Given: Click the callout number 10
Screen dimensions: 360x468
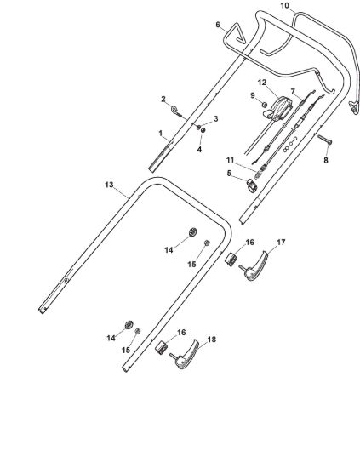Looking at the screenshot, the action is (x=285, y=6).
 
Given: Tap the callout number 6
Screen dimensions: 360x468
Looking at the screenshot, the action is (x=218, y=25).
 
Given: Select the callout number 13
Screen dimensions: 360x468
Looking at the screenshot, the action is (x=109, y=185).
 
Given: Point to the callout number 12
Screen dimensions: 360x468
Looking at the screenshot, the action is (x=262, y=83).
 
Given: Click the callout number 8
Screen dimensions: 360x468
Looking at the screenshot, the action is (x=326, y=160).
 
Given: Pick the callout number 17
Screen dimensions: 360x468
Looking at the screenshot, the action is (x=281, y=243).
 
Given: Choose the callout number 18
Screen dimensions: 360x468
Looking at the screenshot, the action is (x=211, y=340).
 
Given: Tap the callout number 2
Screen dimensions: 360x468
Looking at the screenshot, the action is (x=163, y=99).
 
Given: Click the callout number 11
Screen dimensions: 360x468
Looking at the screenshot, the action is (x=230, y=160).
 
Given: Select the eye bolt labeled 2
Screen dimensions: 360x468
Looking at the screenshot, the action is (x=178, y=111).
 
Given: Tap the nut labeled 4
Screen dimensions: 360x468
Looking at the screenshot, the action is (x=203, y=130).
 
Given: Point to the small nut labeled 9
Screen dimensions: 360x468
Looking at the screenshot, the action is (x=264, y=105).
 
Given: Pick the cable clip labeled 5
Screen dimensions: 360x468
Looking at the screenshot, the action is (x=252, y=185).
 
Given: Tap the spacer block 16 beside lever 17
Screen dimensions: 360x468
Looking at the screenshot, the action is (x=231, y=259).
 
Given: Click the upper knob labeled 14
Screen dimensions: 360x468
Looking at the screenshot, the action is (x=193, y=232).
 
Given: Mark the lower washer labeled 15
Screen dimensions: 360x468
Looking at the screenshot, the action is (x=138, y=331).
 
